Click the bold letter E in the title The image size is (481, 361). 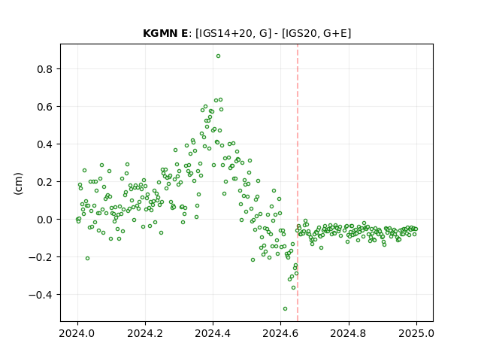185,33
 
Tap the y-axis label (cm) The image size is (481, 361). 18,184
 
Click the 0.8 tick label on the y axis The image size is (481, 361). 45,69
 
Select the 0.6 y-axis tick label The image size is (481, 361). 45,107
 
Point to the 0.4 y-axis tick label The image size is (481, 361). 45,144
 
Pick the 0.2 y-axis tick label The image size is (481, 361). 45,182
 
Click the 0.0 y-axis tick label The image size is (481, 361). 45,220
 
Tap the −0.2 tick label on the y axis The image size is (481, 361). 41,257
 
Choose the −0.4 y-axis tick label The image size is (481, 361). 41,295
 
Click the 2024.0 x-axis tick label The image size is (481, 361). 77,333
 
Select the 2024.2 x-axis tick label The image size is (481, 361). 145,333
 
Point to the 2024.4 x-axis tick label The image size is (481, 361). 213,333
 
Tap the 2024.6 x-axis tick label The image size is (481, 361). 280,333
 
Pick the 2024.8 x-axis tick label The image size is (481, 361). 348,333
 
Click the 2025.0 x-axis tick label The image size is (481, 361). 416,333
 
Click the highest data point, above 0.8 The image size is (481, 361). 218,56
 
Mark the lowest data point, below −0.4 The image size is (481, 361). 285,309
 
